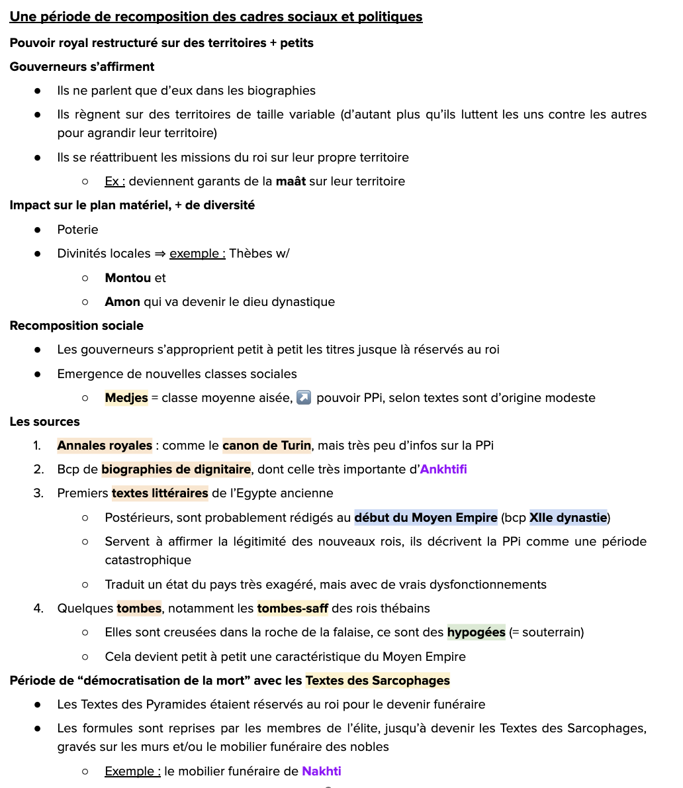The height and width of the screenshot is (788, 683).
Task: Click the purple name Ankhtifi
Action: coord(443,469)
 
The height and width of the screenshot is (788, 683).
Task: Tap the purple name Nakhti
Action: coord(322,771)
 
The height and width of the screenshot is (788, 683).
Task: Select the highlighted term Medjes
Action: coord(126,398)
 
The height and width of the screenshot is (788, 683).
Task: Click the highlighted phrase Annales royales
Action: coord(105,446)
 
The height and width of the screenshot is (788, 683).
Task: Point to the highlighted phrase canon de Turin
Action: coord(267,446)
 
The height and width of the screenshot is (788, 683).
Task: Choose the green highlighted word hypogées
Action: coord(476,632)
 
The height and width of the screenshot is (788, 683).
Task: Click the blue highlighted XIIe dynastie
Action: coord(568,518)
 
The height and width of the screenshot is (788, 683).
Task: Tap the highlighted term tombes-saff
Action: coord(293,609)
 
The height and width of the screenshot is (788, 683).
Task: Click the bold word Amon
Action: coord(122,302)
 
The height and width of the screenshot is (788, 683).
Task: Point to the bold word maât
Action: coord(291,181)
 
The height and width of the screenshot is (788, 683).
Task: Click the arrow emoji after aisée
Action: coord(304,398)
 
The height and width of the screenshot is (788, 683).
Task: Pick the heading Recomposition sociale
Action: coord(76,326)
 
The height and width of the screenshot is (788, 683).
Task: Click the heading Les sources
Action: coord(44,422)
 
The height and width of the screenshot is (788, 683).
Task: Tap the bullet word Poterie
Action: coord(77,230)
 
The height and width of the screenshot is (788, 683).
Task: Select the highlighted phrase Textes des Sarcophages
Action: coord(377,681)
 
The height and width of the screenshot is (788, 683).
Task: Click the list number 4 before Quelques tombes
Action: coord(38,609)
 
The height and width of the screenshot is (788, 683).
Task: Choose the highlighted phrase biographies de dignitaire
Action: coord(176,469)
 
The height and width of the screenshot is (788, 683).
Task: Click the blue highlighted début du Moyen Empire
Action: coord(426,518)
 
